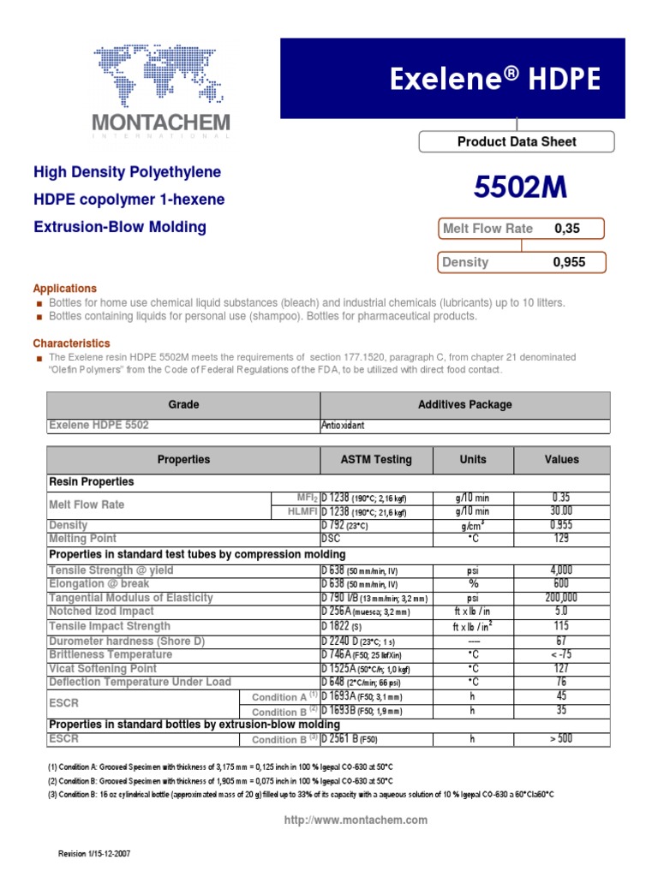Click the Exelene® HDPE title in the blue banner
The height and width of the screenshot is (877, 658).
pos(495,80)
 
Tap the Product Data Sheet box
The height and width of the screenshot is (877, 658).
pos(516,142)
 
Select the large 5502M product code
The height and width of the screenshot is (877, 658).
pos(520,188)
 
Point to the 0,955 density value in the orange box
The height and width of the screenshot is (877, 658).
pos(570,262)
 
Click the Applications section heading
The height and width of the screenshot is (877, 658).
pos(65,289)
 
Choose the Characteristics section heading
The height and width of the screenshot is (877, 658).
pos(71,343)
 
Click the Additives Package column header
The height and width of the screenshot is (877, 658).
pos(464,404)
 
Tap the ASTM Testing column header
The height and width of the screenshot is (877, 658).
pos(376,460)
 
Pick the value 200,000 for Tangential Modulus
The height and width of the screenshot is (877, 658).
pos(561,597)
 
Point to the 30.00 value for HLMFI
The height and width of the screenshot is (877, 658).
pos(561,510)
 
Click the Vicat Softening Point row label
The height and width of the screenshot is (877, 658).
pos(103,668)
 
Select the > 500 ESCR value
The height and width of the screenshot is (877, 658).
pos(561,738)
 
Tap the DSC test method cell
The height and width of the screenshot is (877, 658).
pos(331,539)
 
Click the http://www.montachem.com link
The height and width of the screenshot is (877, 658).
pos(356,820)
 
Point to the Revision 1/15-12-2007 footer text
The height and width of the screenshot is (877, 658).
pos(93,854)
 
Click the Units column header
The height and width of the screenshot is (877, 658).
pos(472,460)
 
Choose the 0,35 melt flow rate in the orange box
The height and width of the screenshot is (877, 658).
pos(567,229)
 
